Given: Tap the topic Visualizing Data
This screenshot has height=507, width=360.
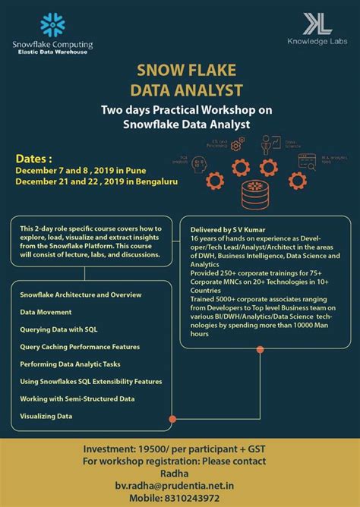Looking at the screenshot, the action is click(x=46, y=416).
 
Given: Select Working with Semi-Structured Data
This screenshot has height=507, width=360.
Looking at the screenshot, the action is click(x=77, y=398).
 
